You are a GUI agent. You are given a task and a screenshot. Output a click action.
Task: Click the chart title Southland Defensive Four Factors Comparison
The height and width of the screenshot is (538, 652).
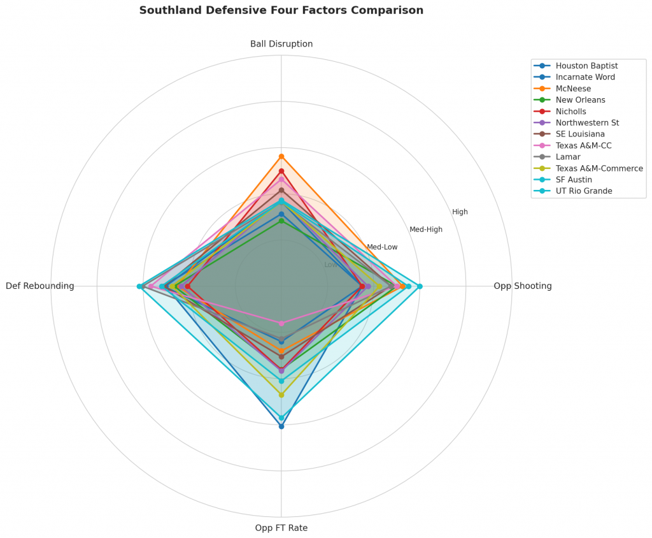[x=281, y=11]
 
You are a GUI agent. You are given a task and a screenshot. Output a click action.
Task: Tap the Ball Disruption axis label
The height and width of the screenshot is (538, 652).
[x=281, y=44]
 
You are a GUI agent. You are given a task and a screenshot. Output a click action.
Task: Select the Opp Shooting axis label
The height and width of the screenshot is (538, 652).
[x=522, y=286]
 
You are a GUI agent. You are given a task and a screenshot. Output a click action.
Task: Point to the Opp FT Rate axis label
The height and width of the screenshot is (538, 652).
[x=281, y=528]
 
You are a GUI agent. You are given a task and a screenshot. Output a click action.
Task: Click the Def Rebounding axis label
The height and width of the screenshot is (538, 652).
[x=40, y=286]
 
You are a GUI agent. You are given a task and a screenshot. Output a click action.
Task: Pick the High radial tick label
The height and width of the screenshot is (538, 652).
[x=460, y=212]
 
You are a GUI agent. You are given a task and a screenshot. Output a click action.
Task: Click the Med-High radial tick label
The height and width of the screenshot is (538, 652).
[x=426, y=229]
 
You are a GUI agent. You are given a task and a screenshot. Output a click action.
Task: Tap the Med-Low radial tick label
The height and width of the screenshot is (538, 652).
[x=382, y=247]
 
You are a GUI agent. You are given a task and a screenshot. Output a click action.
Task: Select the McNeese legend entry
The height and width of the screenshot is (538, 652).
[x=573, y=89]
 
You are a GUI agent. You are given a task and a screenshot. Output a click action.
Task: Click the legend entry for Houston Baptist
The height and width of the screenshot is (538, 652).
[x=586, y=66]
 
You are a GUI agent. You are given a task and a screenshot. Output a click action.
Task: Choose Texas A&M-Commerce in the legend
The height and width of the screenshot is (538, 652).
[x=599, y=168]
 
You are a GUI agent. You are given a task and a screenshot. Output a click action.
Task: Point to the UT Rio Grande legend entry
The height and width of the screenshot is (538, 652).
[x=583, y=191]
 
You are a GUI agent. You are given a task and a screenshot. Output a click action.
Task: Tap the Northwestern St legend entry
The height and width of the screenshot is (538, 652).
[x=587, y=122]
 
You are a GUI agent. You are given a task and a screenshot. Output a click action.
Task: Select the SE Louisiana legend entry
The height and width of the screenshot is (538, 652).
[x=580, y=134]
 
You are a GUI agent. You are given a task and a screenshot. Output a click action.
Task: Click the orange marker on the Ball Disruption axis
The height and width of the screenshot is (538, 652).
[x=281, y=157]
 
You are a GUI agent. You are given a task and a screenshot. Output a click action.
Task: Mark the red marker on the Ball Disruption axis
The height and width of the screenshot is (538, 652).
[x=281, y=171]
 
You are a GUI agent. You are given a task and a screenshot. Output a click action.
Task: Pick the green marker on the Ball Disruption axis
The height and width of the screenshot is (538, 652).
[x=281, y=221]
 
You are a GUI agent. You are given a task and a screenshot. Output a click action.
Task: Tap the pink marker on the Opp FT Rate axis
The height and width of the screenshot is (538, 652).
[x=281, y=323]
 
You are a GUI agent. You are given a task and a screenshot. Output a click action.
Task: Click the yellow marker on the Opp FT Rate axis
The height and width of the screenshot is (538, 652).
[x=281, y=395]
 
